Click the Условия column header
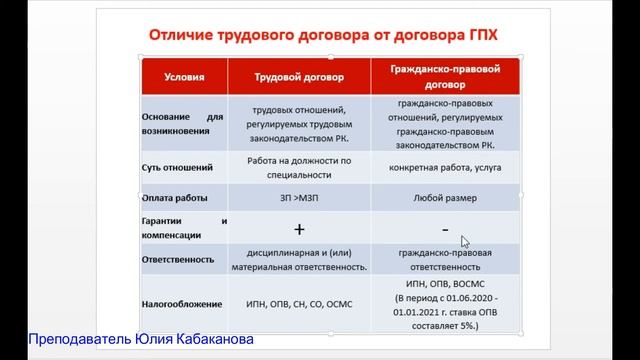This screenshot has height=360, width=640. (180, 76)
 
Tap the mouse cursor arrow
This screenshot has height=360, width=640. (465, 241)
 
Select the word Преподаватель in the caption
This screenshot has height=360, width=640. (73, 340)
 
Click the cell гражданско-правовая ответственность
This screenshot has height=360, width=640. (441, 260)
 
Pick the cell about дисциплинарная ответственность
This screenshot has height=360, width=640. (298, 260)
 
